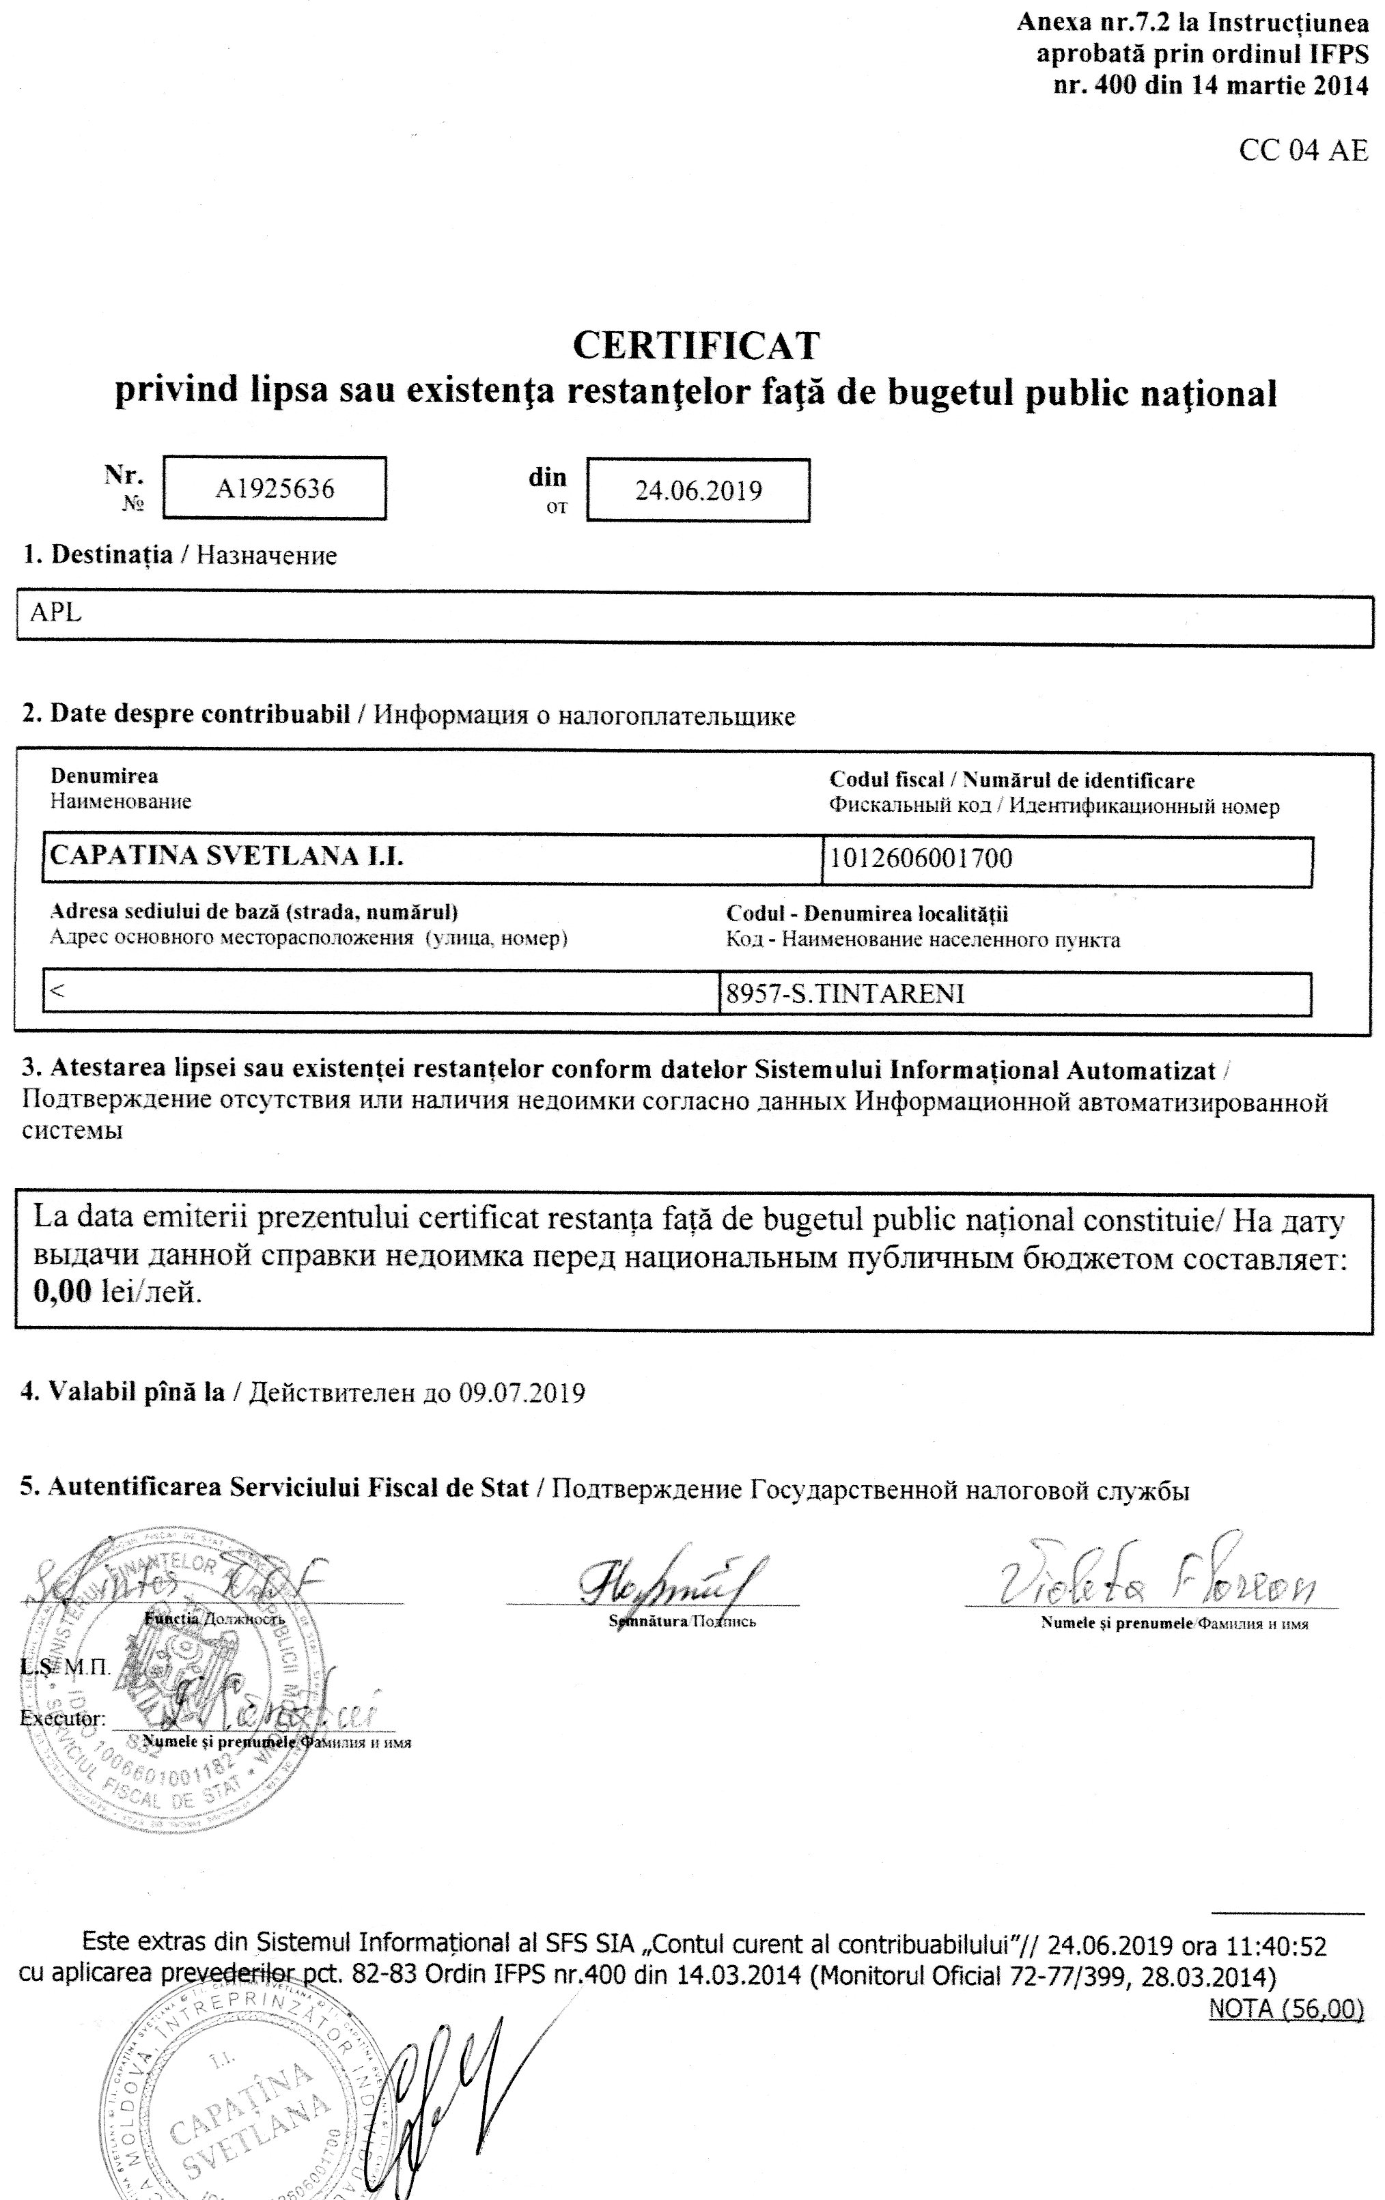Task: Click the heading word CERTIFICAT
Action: pyautogui.click(x=695, y=345)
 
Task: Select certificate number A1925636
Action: pyautogui.click(x=274, y=490)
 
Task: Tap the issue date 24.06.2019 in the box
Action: pyautogui.click(x=698, y=492)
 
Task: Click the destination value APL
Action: pyautogui.click(x=56, y=613)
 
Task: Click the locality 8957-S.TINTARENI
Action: pyautogui.click(x=845, y=994)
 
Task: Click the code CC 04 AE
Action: pyautogui.click(x=1303, y=152)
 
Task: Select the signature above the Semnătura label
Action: pyautogui.click(x=671, y=1582)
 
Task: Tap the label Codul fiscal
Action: pyautogui.click(x=886, y=780)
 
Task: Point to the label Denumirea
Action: pyautogui.click(x=104, y=776)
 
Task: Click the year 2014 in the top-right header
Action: pyautogui.click(x=1339, y=86)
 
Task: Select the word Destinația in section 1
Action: pyautogui.click(x=111, y=554)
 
